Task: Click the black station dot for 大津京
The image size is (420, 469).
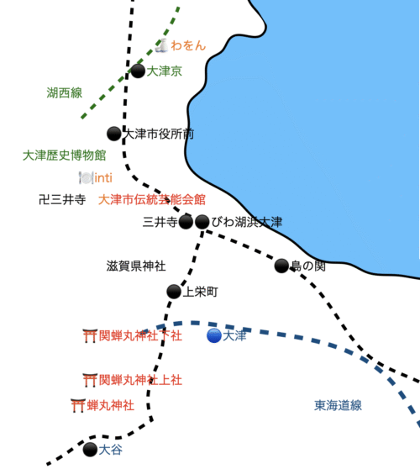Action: pos(138,71)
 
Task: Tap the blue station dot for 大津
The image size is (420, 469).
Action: pos(214,335)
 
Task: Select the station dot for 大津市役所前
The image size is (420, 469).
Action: pos(114,134)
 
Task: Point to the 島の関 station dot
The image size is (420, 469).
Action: pos(281,266)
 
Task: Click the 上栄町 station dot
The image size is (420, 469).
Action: pos(174,292)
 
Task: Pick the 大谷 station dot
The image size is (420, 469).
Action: pos(90,450)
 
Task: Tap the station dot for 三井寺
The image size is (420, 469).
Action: pos(186,222)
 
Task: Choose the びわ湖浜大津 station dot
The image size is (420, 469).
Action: pos(202,222)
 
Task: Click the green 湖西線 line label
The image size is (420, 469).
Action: pos(65,92)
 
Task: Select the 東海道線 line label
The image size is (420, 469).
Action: pos(338,405)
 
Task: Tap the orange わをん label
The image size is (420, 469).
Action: pos(188,45)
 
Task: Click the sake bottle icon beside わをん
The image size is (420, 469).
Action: pos(162,45)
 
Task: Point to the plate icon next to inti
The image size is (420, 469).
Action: pos(86,178)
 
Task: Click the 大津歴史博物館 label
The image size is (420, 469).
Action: pos(65,155)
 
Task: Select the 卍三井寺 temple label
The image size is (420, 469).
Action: pos(62,199)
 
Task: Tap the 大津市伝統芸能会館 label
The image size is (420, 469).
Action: pos(152,199)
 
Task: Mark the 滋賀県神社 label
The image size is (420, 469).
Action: pos(136,266)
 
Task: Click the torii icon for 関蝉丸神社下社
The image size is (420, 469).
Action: pos(90,336)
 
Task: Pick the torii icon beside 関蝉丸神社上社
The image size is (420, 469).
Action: pos(90,380)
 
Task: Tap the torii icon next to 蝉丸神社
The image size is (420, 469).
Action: pos(78,406)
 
